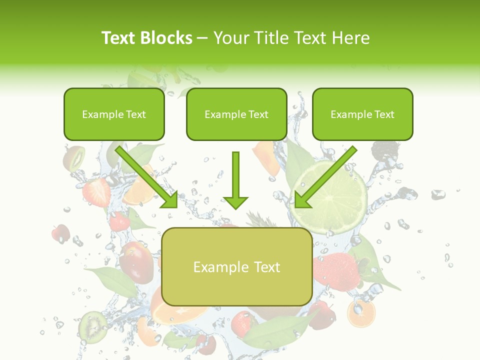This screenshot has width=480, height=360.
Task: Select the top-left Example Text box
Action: pyautogui.click(x=114, y=114)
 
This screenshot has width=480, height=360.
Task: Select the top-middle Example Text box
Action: pyautogui.click(x=236, y=114)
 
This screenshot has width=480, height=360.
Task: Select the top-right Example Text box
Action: pyautogui.click(x=362, y=114)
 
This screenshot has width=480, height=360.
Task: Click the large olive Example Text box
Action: pyautogui.click(x=236, y=267)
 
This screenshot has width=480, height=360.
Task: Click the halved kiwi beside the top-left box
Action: pyautogui.click(x=73, y=157)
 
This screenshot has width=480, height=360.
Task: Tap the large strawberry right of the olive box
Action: pyautogui.click(x=336, y=270)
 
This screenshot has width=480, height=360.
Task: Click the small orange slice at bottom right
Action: pyautogui.click(x=360, y=313)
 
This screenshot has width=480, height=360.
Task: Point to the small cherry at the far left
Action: pyautogui.click(x=61, y=233)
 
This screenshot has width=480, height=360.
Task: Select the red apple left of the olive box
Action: pyautogui.click(x=136, y=262)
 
